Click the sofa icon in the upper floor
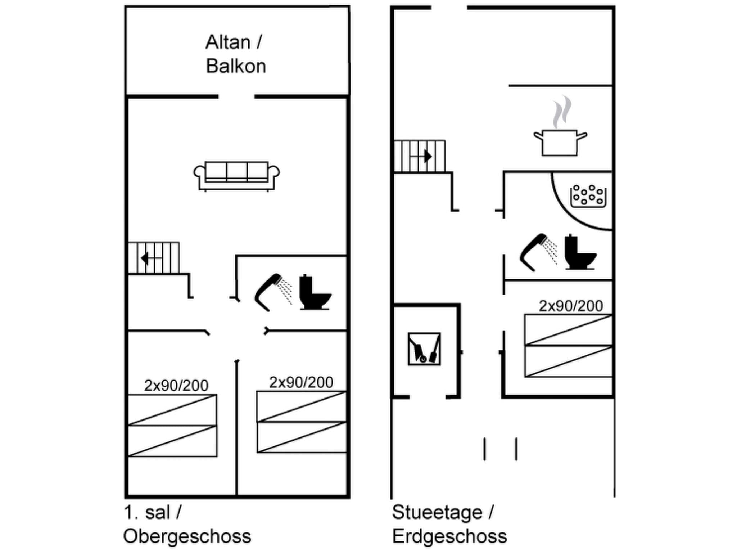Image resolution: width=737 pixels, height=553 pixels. coord(236,176)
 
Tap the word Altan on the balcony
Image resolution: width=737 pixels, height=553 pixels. coord(228,42)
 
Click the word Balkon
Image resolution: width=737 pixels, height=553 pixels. coord(236,66)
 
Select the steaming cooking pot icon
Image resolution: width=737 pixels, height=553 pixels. coord(560,139)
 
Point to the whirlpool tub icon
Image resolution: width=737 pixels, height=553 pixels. coord(588,196)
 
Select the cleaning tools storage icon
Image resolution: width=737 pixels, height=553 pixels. coord(424,349)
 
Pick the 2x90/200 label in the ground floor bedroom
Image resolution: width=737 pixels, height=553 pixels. coord(570,306)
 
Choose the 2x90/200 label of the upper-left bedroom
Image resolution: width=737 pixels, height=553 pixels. coord(176,386)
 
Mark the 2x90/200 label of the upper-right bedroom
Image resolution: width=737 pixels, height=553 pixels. coord(301,382)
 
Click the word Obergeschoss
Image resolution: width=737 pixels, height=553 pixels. coord(187,536)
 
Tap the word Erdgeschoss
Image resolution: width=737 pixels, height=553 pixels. coord(449,536)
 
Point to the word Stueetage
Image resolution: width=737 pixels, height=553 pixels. coord(437,512)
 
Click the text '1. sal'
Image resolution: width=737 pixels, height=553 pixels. coord(147,512)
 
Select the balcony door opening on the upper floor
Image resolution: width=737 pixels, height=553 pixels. coord(236,96)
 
